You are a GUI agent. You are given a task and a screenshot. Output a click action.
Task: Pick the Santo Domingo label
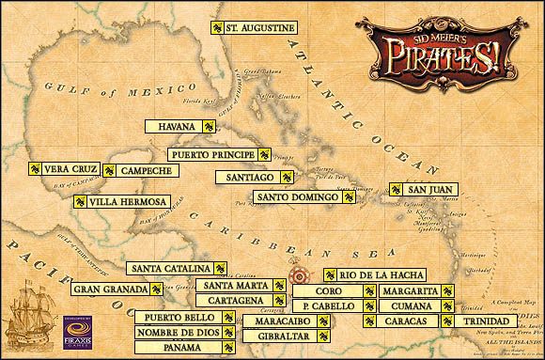295,198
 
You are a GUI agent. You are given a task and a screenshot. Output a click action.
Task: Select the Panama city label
173,348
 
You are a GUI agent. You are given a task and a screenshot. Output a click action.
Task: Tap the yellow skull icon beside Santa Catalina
219,267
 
